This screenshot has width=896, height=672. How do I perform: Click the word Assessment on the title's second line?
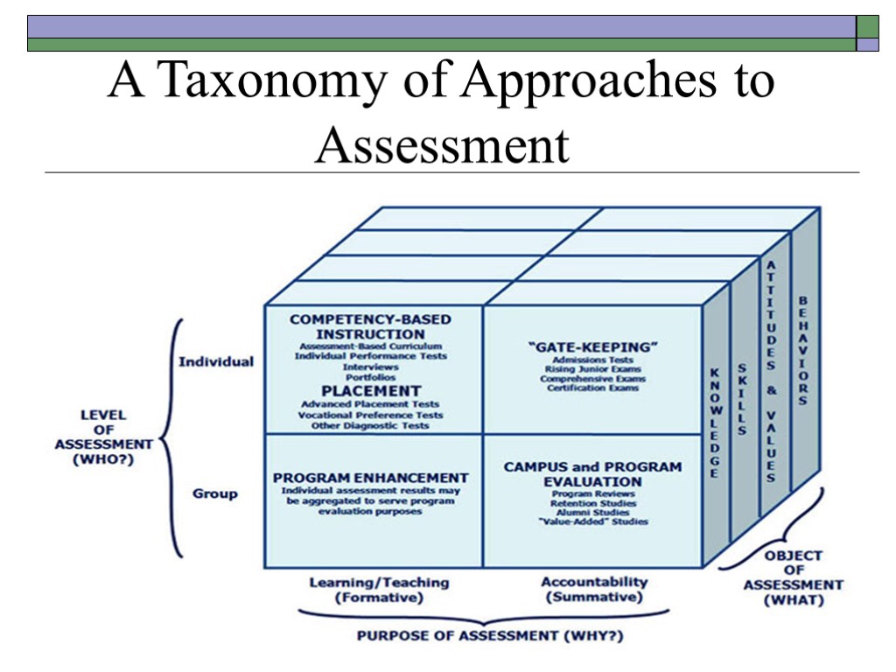442,144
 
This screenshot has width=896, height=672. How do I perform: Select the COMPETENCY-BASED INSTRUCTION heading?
370,326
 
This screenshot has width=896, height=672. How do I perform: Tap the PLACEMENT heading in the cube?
370,390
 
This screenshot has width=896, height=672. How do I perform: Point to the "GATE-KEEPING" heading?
593,346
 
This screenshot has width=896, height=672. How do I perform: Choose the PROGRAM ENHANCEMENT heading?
370,478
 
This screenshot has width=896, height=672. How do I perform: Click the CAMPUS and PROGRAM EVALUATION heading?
592,474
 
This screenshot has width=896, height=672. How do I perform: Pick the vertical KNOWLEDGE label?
714,423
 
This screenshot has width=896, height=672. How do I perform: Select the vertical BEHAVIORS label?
802,350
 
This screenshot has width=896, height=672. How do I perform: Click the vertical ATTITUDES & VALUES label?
771,371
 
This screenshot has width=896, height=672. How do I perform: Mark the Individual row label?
216,361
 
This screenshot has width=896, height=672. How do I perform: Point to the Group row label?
215,493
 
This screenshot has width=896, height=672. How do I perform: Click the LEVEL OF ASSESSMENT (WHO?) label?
103,437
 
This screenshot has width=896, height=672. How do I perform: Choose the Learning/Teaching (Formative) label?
379,590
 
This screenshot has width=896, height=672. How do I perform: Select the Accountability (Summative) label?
594,589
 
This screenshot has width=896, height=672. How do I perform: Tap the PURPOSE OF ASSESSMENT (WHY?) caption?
484,635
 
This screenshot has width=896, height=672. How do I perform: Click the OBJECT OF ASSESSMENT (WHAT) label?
793,577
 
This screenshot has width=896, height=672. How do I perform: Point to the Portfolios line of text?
370,377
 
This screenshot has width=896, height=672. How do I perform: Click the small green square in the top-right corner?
867,26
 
